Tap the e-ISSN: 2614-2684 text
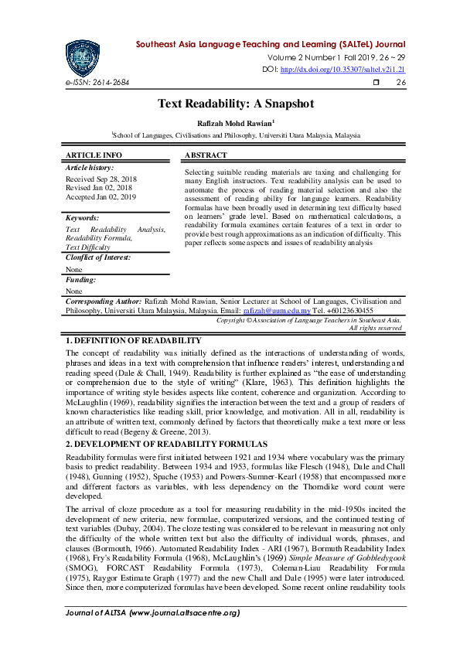pyautogui.click(x=97, y=83)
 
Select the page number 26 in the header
pyautogui.click(x=400, y=83)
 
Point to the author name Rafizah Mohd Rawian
pyautogui.click(x=234, y=121)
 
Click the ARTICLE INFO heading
pyautogui.click(x=94, y=155)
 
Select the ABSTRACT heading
pyautogui.click(x=206, y=155)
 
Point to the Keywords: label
pyautogui.click(x=83, y=219)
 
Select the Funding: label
pyautogui.click(x=80, y=279)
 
